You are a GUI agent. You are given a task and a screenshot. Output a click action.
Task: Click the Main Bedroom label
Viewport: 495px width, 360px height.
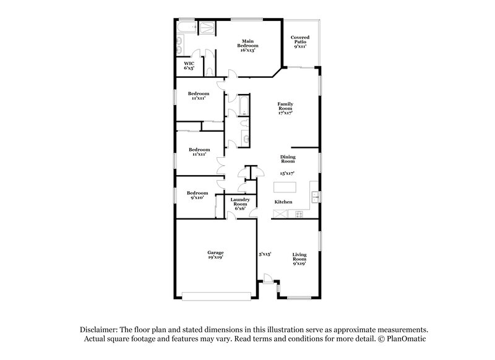pos(249,45)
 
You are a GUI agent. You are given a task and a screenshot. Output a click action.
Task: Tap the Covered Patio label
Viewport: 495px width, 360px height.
pos(300,41)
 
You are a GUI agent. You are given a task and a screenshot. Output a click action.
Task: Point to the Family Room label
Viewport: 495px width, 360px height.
pos(285,108)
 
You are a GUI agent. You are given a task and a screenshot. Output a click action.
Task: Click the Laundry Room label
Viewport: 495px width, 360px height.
pos(239,202)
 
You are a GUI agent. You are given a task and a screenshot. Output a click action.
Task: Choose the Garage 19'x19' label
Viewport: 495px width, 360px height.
pos(215,254)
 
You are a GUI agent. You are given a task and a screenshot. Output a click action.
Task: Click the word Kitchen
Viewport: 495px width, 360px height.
pos(283,202)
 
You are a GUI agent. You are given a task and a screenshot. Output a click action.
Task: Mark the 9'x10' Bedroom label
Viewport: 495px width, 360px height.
pos(198,195)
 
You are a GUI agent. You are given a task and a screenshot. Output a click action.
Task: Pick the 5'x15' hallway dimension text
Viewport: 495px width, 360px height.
pos(265,254)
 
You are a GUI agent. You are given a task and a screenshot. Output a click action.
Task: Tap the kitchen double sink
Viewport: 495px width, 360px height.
pos(315,198)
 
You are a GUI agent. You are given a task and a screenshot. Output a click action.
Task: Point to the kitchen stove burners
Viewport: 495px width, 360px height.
pos(300,215)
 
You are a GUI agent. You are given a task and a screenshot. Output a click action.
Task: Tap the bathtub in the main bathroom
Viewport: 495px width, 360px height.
pos(185,28)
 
